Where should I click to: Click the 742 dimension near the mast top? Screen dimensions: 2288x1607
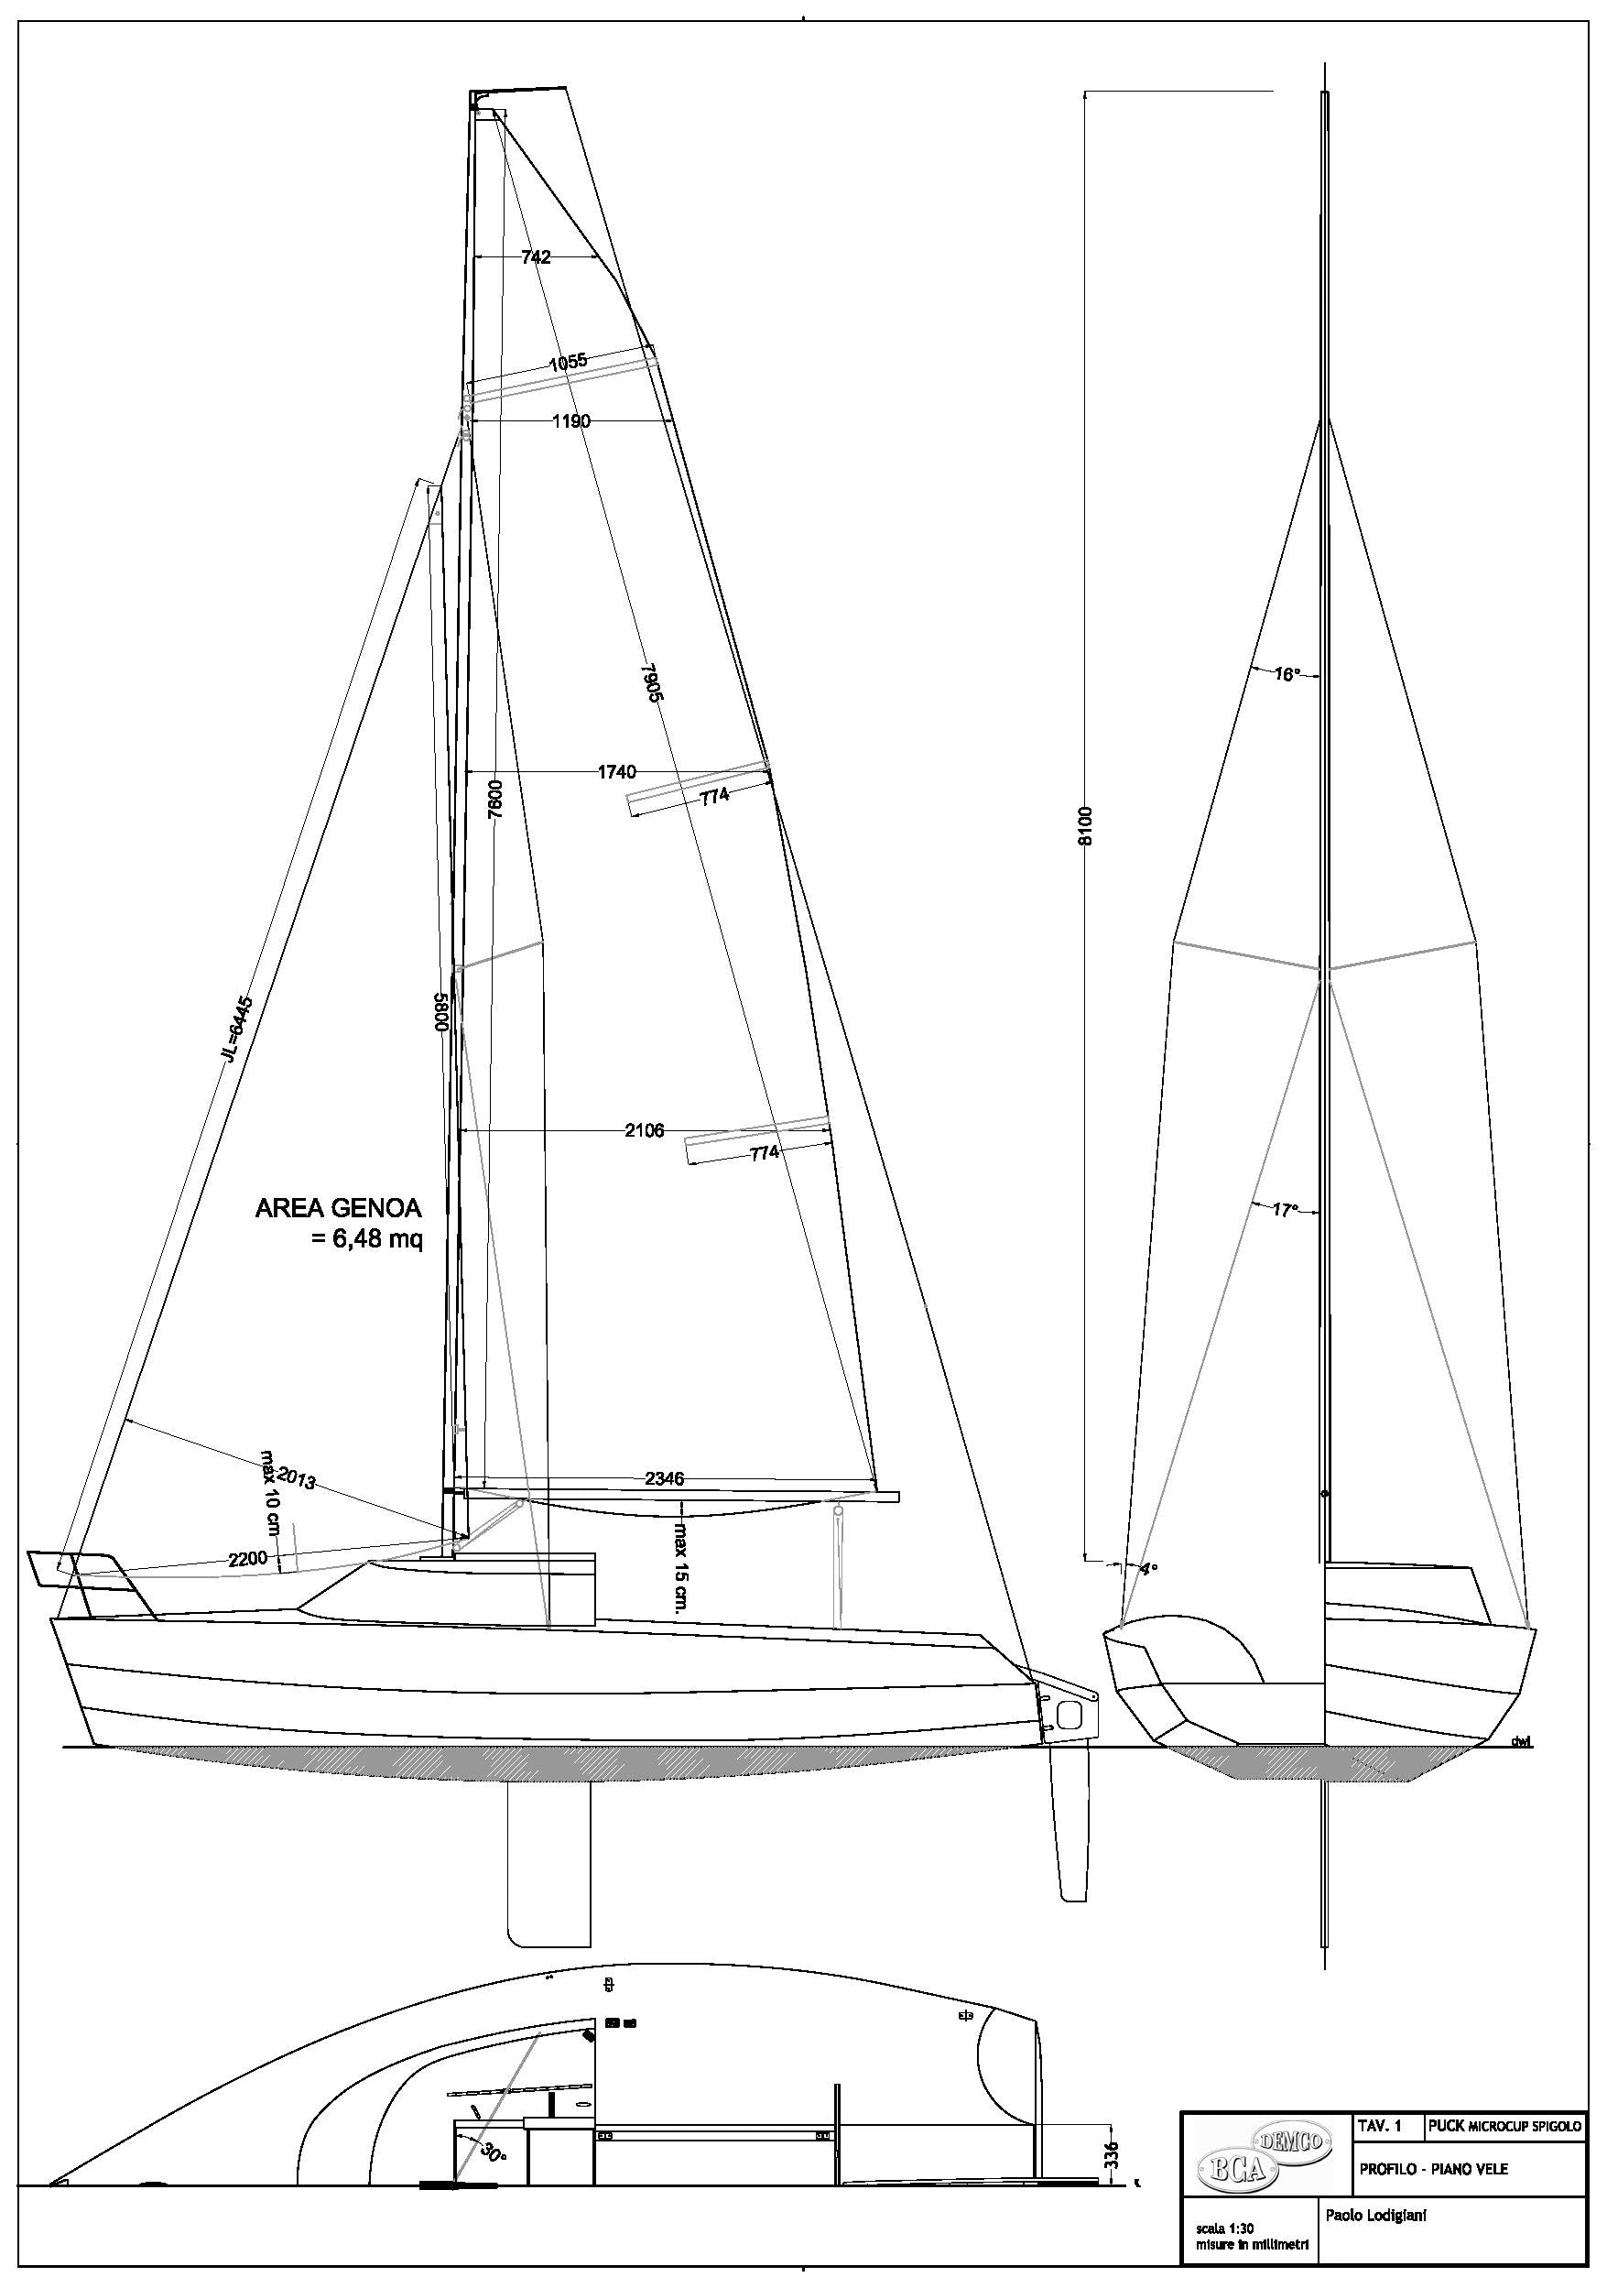535,257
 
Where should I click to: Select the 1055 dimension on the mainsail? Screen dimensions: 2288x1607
568,363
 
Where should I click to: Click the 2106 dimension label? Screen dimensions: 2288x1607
644,1131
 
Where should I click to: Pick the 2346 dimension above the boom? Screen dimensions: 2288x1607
664,1479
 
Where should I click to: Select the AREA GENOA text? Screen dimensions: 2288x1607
339,1209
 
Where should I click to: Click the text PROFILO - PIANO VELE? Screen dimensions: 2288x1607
1434,2168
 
